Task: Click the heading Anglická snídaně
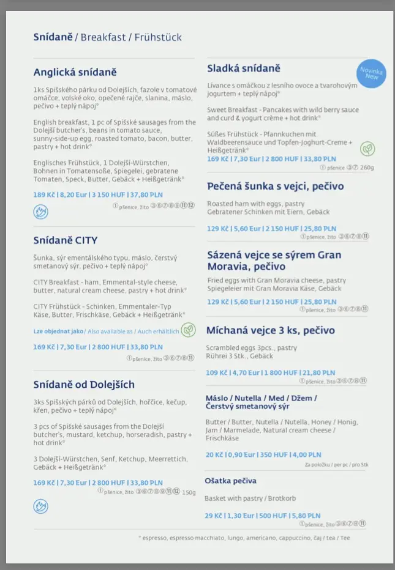[75, 72]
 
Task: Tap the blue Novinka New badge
[372, 73]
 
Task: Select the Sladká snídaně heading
[243, 68]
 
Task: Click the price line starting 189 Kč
[98, 195]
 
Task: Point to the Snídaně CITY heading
[65, 240]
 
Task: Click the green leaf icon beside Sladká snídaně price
[367, 149]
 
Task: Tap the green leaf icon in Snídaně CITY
[188, 330]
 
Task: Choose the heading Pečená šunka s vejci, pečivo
[275, 186]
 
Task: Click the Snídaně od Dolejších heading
[83, 384]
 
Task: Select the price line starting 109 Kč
[270, 372]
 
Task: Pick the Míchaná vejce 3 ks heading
[270, 330]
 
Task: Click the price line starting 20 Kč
[263, 454]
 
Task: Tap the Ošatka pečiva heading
[230, 481]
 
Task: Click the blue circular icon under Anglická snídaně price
[40, 212]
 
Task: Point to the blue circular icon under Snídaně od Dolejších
[40, 506]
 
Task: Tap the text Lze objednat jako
[59, 331]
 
